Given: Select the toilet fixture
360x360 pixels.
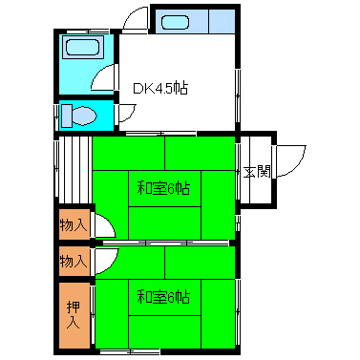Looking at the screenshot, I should [80, 116].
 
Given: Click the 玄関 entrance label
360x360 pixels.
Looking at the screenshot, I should [255, 173].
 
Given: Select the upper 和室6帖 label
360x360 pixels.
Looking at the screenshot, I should [163, 187].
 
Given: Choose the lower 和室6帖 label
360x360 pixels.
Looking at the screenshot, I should [163, 296].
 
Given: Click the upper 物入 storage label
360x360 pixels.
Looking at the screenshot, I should [74, 225].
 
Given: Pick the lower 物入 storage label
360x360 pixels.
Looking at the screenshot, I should [74, 260].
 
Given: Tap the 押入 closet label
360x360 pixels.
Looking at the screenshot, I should [74, 314].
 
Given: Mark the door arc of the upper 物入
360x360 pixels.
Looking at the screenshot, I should [104, 227].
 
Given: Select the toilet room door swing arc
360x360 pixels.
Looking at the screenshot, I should [123, 112].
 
